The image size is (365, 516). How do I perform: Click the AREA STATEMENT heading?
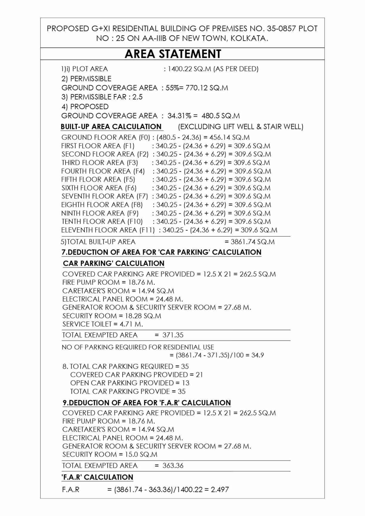[x=173, y=54]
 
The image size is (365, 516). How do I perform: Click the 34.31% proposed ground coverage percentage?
[x=179, y=116]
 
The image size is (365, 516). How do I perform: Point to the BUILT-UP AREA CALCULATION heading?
[x=111, y=127]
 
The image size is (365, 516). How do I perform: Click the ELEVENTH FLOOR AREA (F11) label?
[x=108, y=230]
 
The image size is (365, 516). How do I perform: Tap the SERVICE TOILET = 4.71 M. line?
[x=102, y=324]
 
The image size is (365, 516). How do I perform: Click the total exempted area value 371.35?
[x=173, y=335]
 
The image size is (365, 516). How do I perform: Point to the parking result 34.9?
[x=258, y=355]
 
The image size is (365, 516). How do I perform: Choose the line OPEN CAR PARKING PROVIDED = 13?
[x=130, y=383]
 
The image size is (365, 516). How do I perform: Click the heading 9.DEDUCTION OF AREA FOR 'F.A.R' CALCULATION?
[x=147, y=403]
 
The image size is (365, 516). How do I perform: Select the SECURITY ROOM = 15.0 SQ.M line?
[x=110, y=454]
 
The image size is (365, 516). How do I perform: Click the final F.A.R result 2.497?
[x=220, y=489]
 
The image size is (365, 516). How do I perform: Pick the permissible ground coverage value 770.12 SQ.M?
[x=207, y=88]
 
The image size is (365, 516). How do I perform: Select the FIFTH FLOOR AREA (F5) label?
[x=98, y=179]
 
